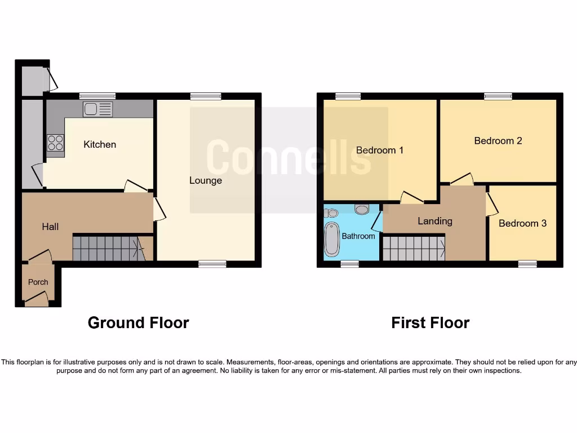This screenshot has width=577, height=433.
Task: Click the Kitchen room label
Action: coord(100,144)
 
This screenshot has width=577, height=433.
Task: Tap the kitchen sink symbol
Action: coord(97,109)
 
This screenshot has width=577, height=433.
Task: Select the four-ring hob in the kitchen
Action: coord(55,142)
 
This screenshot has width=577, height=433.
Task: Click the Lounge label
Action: coord(206,180)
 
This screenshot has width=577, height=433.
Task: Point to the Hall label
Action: coord(50,227)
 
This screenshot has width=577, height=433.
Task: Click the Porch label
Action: coord(38,282)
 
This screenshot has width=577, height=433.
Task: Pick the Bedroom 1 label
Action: coord(380,150)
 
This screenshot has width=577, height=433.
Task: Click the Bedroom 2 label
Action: coord(498,140)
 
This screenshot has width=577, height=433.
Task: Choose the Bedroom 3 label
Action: coord(522,223)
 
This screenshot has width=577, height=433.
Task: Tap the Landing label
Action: coord(435,221)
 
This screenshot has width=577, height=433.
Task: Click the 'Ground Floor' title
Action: coord(138,322)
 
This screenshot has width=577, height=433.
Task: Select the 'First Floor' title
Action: coord(430,322)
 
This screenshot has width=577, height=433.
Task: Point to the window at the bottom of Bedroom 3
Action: coord(527,263)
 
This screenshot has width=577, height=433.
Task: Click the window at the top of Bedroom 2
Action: coord(498,96)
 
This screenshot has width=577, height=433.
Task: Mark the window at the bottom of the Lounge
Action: coord(212,263)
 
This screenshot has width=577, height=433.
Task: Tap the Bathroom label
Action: coord(358,236)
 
